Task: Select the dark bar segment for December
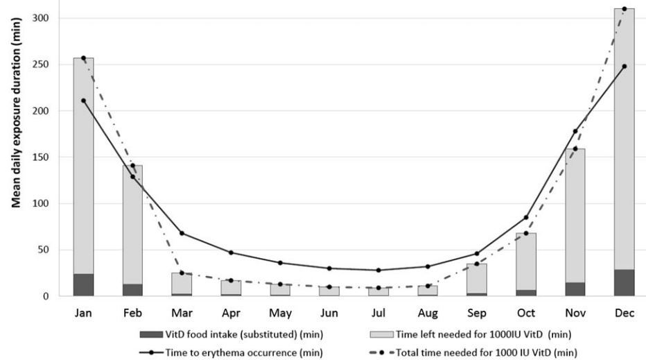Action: coord(624,282)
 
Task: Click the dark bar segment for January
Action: coord(83,284)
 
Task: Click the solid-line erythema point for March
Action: coord(182,233)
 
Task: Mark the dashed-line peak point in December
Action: coord(624,9)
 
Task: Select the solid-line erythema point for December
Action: coord(624,67)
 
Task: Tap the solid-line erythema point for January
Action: coord(83,101)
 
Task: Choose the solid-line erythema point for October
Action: coord(526,217)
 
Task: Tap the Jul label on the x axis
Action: coord(378,313)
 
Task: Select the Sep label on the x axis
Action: coord(476,313)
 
